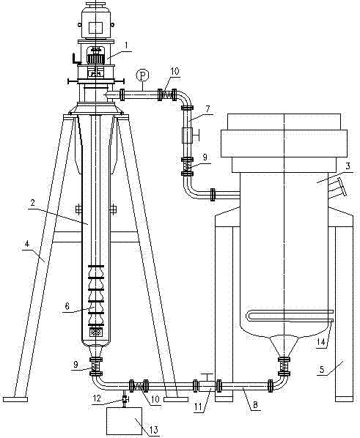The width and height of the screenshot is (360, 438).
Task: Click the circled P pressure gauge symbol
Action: tap(143, 75)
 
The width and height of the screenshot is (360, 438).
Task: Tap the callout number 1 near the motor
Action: tap(127, 45)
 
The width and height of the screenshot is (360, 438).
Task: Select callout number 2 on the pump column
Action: tap(33, 203)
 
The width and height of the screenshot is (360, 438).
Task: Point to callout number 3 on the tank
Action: tap(348, 166)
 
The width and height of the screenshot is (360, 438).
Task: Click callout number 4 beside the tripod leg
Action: tap(27, 244)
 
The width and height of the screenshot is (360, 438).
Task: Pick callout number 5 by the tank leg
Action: tap(322, 370)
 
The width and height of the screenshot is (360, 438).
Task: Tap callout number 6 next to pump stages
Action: tap(67, 306)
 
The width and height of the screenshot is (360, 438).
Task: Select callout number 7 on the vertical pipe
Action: tap(207, 109)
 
